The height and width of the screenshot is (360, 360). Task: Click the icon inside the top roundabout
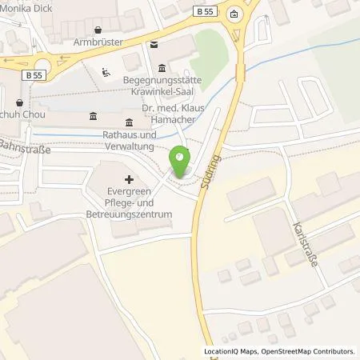pyautogui.click(x=234, y=14)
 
